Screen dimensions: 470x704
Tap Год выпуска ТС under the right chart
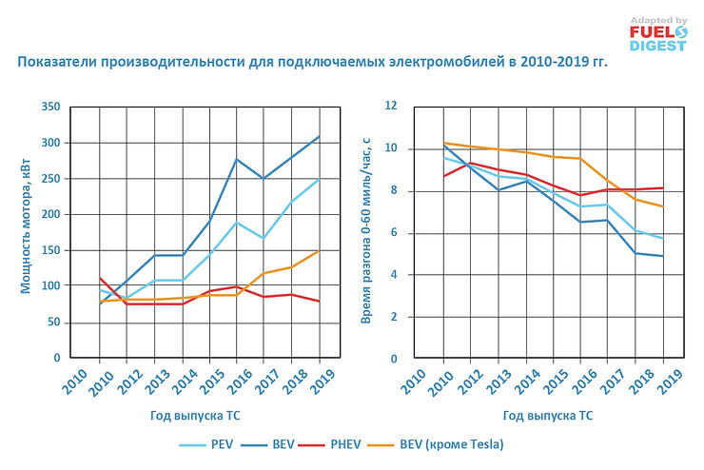(549, 416)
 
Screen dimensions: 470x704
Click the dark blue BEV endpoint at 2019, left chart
(319, 136)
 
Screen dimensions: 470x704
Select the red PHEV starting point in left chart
(100, 278)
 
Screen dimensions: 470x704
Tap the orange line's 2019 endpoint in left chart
(319, 251)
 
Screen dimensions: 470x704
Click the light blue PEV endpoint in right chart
(663, 238)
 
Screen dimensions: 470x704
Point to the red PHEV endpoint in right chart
(663, 187)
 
